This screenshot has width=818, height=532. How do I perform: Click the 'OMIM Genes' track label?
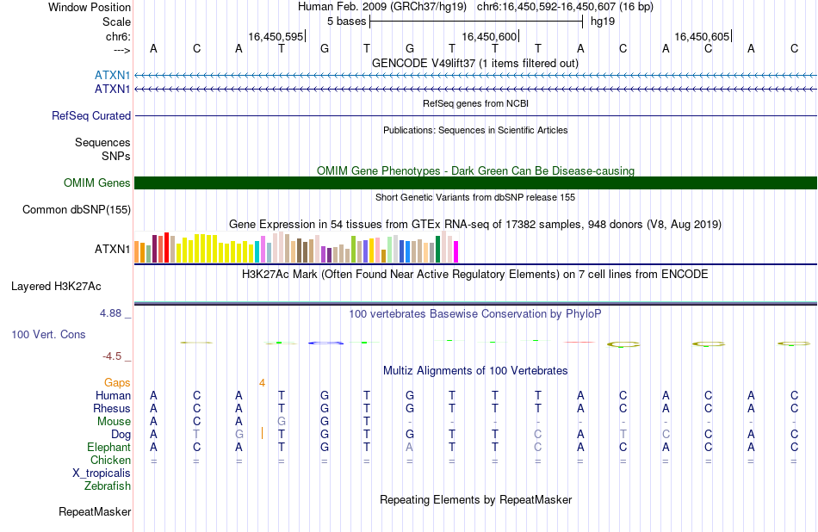(97, 183)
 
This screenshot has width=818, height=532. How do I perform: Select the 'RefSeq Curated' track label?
(91, 116)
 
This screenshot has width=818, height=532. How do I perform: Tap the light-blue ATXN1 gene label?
(112, 76)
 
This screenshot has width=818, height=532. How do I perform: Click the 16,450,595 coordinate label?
(276, 36)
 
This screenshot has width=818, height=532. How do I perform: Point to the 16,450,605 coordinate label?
(702, 36)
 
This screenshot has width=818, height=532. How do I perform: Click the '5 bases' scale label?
(346, 22)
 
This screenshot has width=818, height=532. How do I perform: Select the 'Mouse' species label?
(114, 422)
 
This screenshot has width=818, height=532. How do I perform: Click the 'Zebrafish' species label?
(108, 486)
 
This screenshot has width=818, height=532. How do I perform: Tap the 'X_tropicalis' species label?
(102, 473)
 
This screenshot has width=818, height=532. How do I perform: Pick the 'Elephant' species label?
(109, 448)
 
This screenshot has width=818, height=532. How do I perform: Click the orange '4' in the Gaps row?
(262, 383)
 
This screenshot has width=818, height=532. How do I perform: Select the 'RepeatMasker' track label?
(95, 511)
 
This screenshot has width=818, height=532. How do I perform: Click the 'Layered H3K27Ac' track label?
(56, 287)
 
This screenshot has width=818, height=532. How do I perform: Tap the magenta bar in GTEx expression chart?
(456, 251)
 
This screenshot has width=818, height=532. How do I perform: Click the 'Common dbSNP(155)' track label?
(77, 210)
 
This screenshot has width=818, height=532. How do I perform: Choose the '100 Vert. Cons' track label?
(48, 334)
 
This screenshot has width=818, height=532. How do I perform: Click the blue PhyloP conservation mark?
(326, 343)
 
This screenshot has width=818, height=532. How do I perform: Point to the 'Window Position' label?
(90, 7)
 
